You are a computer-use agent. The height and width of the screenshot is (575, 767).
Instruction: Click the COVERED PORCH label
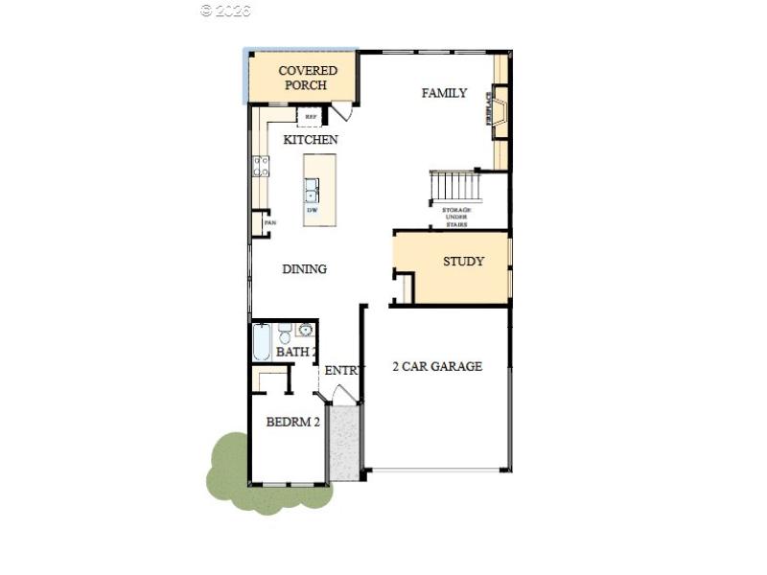[x=308, y=78]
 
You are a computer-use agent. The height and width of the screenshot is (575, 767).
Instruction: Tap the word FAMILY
[x=444, y=93]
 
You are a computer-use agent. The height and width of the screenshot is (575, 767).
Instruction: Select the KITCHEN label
[x=310, y=140]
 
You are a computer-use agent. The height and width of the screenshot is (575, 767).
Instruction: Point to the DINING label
[x=304, y=269]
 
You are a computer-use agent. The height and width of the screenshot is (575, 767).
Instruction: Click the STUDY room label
[x=463, y=262]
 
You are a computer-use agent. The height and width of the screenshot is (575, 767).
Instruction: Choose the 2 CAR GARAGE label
[x=437, y=366]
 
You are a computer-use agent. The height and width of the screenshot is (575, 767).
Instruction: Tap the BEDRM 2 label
[x=292, y=422]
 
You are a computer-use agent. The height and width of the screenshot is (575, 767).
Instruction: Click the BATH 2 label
[x=295, y=353]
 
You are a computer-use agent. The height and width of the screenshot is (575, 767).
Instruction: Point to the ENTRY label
[x=343, y=371]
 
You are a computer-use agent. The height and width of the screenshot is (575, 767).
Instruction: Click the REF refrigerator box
[x=311, y=117]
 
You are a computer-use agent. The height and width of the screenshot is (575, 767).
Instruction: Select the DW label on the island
[x=312, y=210]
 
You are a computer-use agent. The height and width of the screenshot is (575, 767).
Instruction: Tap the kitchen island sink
[x=312, y=189]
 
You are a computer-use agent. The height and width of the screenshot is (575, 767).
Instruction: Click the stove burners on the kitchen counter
[x=259, y=167]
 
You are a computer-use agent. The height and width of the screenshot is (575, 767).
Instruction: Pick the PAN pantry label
[x=269, y=224]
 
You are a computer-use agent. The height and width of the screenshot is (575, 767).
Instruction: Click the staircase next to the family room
[x=453, y=183]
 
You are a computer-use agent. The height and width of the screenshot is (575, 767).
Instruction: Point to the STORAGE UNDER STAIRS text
[x=455, y=217]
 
